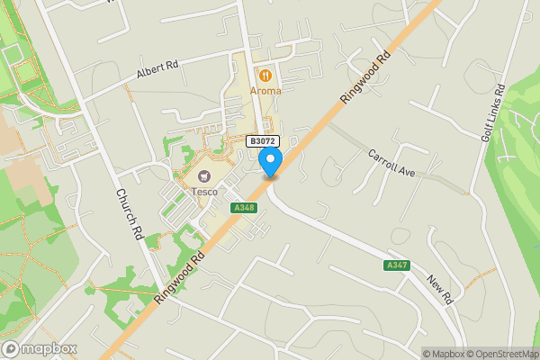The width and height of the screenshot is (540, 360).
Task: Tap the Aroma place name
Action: pyautogui.click(x=265, y=90)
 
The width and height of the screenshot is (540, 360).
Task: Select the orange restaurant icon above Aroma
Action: pyautogui.click(x=265, y=75)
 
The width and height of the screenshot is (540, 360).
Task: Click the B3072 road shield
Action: pyautogui.click(x=262, y=141)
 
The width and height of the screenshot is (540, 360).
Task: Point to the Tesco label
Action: pyautogui.click(x=203, y=192)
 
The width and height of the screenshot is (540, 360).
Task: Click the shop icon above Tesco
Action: pyautogui.click(x=203, y=176)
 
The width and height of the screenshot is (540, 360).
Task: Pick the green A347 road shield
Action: pyautogui.click(x=396, y=265)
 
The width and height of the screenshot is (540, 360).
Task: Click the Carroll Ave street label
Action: pyautogui.click(x=391, y=163)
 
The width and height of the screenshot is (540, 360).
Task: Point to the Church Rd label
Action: pyautogui.click(x=129, y=213)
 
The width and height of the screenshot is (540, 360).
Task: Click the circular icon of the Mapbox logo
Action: pyautogui.click(x=12, y=348)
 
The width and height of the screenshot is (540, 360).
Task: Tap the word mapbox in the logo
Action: pyautogui.click(x=49, y=348)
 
